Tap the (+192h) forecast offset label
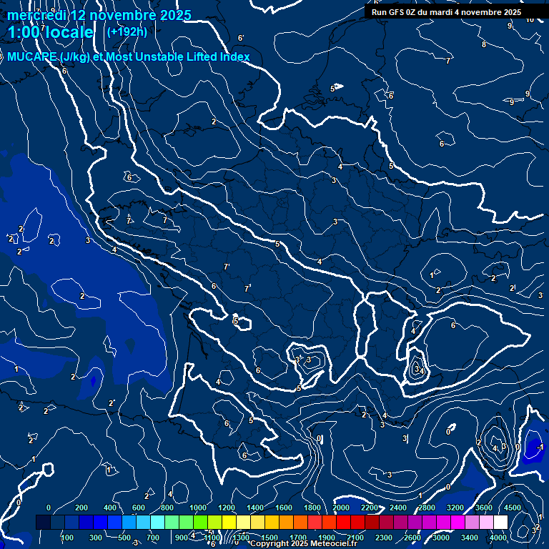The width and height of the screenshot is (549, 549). point(127,31)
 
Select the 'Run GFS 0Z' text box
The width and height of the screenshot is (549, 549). point(446,12)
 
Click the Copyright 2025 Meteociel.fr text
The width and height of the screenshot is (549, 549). point(303,544)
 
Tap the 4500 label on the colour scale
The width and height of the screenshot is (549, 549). point(513,508)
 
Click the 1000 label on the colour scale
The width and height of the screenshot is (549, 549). point(198,508)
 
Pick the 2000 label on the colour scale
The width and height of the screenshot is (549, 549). point(341,508)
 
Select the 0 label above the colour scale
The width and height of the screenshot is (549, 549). point(49,508)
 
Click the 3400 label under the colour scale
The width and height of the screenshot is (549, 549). point(470,538)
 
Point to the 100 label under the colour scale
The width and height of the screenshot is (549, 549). point(66,538)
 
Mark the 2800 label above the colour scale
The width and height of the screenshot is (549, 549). point(427,508)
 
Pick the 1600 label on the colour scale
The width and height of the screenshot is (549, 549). point(284,508)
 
